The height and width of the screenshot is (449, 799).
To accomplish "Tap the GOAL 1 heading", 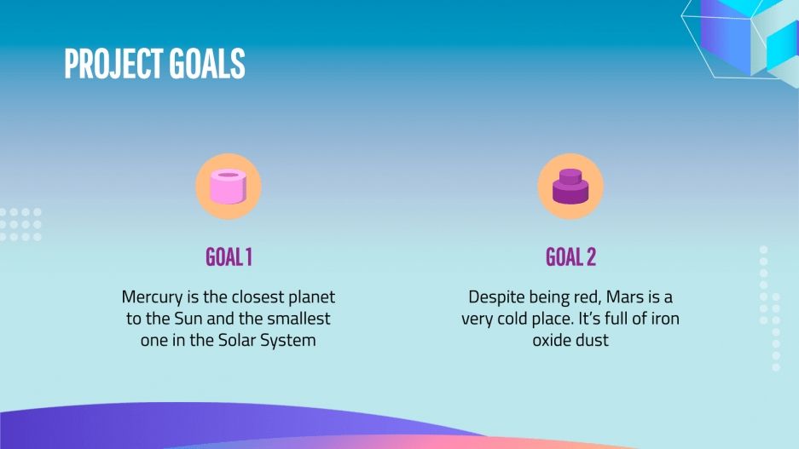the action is point(229,257).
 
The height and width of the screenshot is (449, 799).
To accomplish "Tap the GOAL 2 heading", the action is point(570,257).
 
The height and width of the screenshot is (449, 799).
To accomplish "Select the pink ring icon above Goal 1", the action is point(229,187).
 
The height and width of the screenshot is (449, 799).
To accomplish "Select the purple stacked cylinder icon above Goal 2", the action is point(570,187).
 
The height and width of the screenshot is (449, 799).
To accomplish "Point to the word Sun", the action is point(189,319).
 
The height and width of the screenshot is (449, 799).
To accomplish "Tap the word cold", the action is point(512,319).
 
